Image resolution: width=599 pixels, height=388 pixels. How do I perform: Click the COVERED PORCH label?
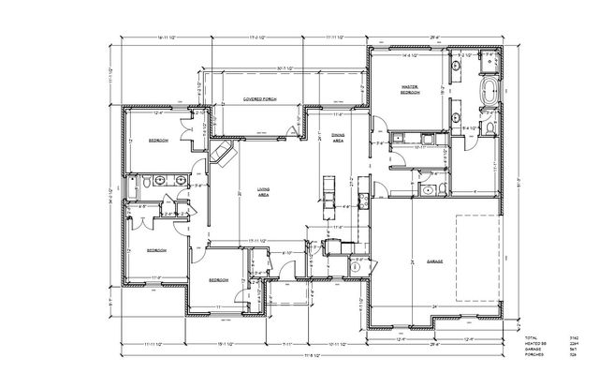(257, 97)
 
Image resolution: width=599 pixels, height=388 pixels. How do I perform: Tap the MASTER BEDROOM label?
(410, 89)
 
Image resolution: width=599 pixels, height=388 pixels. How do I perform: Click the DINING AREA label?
(339, 137)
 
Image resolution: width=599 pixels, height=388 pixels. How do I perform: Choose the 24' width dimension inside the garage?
(434, 307)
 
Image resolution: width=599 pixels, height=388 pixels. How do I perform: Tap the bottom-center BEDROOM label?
(218, 280)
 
